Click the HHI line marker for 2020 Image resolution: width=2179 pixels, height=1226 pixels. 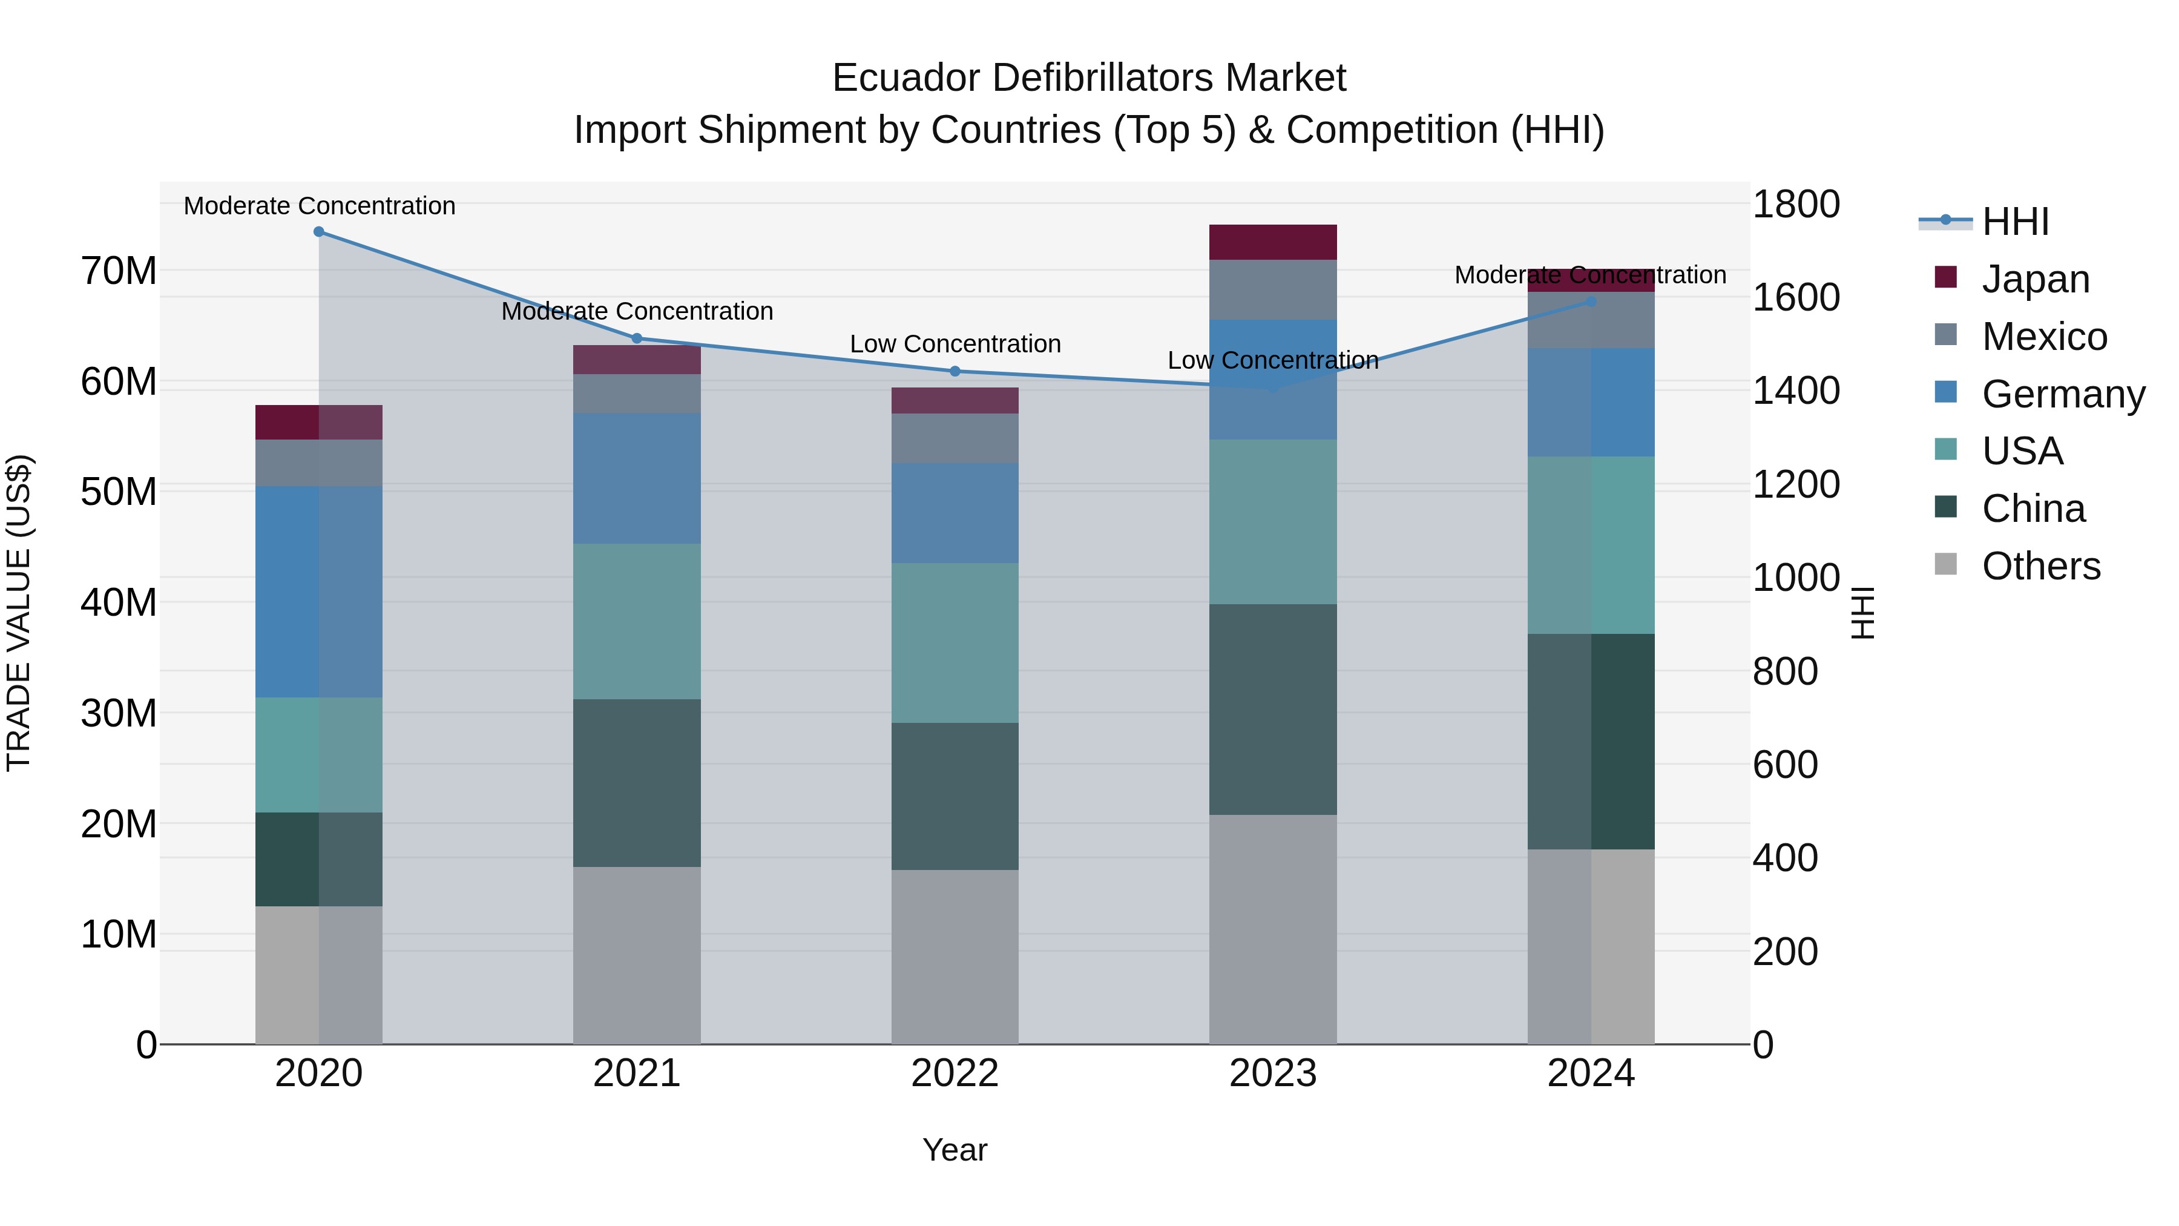pyautogui.click(x=319, y=231)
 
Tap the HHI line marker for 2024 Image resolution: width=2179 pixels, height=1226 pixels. pyautogui.click(x=1591, y=302)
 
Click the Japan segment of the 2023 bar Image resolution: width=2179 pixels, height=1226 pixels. pyautogui.click(x=1273, y=242)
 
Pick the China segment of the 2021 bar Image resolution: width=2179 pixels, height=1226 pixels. pyautogui.click(x=637, y=783)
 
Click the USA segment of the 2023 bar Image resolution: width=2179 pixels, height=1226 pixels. pyautogui.click(x=1273, y=521)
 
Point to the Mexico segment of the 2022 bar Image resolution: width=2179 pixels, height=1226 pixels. pyautogui.click(x=955, y=438)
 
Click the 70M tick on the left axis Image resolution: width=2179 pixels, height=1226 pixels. pyautogui.click(x=119, y=272)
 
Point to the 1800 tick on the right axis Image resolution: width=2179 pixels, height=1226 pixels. pyautogui.click(x=1795, y=204)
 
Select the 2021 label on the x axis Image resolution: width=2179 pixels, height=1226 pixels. pyautogui.click(x=637, y=1073)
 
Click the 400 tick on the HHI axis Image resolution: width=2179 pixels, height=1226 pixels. pyautogui.click(x=1785, y=858)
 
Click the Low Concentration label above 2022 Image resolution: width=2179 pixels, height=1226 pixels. pyautogui.click(x=955, y=344)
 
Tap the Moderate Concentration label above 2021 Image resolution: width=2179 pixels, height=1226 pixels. pyautogui.click(x=637, y=311)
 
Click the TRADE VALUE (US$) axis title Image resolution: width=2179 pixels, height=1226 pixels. pyautogui.click(x=19, y=613)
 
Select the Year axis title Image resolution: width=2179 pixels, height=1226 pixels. pyautogui.click(x=955, y=1150)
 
